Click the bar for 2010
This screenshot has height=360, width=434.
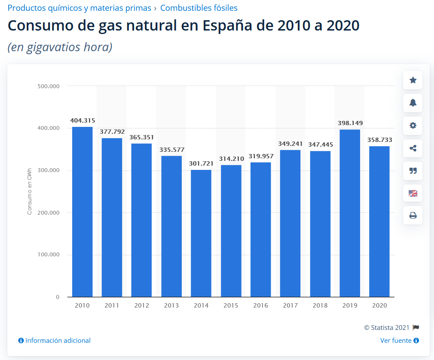(82, 212)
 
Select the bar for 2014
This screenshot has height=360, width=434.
(201, 233)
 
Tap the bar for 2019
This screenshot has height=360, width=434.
(350, 213)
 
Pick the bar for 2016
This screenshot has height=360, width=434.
(260, 229)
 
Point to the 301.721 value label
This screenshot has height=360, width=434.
(201, 163)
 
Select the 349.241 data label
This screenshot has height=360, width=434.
(290, 143)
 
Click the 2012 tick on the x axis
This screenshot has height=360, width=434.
(141, 305)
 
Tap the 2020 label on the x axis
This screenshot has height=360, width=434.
(379, 305)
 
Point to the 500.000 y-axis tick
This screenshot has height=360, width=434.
(49, 86)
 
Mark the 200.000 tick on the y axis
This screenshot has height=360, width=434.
(49, 212)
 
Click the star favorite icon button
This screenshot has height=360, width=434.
(413, 80)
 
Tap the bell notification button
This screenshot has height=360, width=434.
(413, 103)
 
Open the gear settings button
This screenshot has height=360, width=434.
(413, 126)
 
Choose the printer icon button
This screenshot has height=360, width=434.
(413, 215)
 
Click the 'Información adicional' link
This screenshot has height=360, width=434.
(58, 340)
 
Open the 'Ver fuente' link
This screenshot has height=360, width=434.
(396, 340)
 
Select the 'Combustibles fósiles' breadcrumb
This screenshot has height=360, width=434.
(199, 8)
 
